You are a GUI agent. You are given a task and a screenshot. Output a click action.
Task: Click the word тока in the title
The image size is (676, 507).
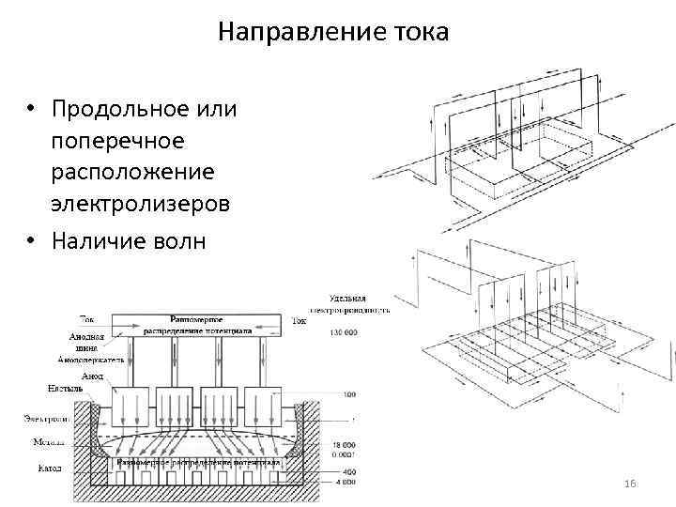tap(421, 33)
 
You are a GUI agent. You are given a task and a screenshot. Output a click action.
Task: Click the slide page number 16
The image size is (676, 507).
tap(630, 483)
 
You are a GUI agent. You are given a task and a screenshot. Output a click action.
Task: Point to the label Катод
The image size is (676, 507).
tap(50, 467)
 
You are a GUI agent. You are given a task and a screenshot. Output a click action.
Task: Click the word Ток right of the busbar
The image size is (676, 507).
tap(299, 320)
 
